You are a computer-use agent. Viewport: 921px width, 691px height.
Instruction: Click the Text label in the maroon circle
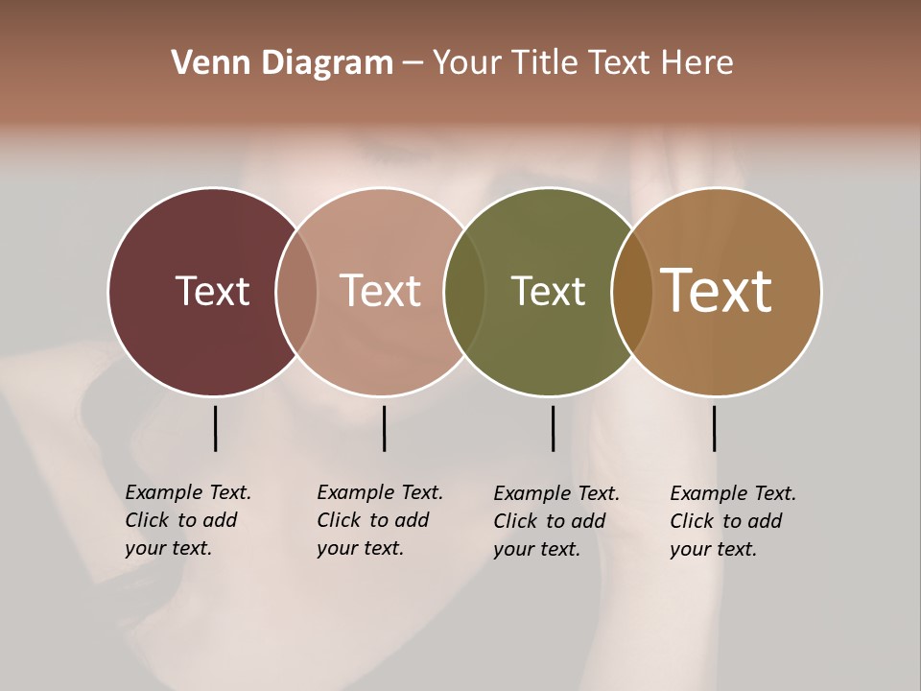(x=212, y=291)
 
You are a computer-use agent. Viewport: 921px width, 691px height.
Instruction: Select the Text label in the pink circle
(x=381, y=291)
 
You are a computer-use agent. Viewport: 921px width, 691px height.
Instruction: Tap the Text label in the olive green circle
(x=548, y=291)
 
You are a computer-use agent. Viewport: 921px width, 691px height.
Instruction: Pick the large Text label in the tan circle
(x=717, y=291)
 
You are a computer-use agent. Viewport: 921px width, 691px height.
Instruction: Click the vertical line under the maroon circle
(x=215, y=428)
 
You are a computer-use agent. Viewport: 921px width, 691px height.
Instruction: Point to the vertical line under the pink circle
(x=384, y=428)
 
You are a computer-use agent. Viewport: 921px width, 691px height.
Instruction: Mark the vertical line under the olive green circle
(x=553, y=428)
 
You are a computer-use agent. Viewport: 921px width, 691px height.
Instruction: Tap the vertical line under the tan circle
(x=714, y=428)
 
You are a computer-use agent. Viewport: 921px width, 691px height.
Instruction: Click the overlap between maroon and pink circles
(x=296, y=291)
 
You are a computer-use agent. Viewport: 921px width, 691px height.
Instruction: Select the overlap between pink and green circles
(x=462, y=291)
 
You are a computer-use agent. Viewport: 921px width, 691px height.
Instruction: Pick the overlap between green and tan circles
(x=631, y=291)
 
